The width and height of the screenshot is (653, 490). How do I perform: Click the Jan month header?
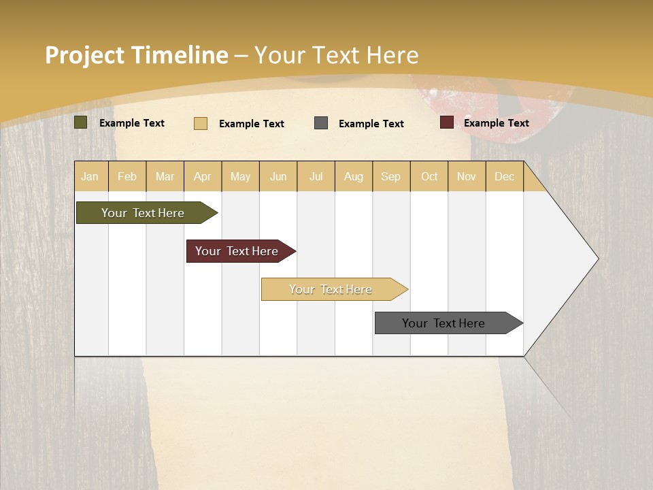pos(90,176)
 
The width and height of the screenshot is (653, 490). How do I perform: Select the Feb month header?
pos(127,176)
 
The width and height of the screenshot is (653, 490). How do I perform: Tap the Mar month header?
pos(165,176)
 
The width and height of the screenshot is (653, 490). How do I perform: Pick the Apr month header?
pos(203,176)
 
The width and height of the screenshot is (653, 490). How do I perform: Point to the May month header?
pos(240,176)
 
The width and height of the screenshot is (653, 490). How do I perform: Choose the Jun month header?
pos(278,176)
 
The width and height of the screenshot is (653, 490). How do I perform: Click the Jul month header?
pos(316,176)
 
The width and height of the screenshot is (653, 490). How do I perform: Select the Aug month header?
pos(354,176)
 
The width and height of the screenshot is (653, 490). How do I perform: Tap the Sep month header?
pos(391,176)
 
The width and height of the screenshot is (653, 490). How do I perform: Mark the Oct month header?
pos(429,176)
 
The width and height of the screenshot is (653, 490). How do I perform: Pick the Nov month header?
pos(467,176)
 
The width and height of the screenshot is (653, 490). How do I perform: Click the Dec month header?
pos(505,176)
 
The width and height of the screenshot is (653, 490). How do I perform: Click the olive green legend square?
pos(81,122)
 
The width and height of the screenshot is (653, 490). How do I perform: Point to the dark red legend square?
pos(447,122)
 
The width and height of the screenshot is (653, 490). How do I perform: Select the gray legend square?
pos(321,122)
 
